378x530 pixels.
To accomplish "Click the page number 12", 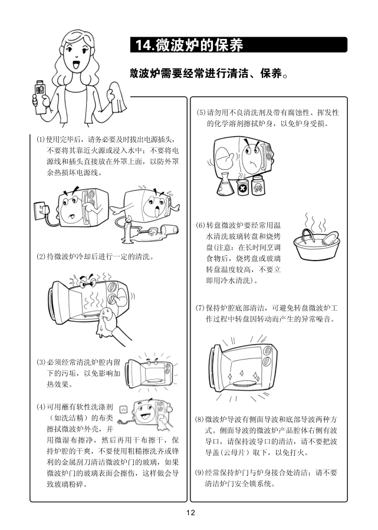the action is tap(190, 513).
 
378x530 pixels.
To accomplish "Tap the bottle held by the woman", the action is tap(40, 97).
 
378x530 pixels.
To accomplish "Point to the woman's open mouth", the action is tap(76, 64).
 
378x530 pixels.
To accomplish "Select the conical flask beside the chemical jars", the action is tap(225, 184).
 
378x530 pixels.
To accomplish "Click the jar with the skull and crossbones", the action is tap(258, 185).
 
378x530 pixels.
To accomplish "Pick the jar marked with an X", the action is tap(242, 187).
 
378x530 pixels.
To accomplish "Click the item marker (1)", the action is tap(41, 139).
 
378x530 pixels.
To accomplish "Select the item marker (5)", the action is tap(201, 113).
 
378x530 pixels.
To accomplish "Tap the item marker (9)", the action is tap(200, 473).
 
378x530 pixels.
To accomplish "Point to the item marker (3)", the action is tap(41, 363).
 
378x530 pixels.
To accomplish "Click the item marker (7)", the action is tap(200, 308).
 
